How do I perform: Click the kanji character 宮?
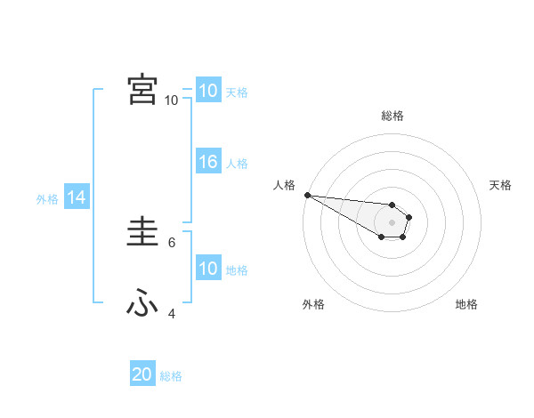click(142, 90)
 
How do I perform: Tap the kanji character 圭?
click(142, 234)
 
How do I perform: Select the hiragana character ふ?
click(142, 304)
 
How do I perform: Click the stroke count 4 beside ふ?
click(172, 313)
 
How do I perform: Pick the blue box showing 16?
click(208, 162)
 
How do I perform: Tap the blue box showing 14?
click(77, 198)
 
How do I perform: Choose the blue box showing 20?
click(142, 375)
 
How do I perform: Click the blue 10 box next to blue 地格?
click(208, 269)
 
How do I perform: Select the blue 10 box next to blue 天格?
click(208, 91)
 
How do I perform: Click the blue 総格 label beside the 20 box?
click(171, 377)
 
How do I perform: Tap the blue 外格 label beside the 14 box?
click(47, 200)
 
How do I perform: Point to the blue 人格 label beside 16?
click(237, 164)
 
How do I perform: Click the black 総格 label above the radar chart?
click(392, 116)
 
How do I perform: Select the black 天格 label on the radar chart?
click(500, 185)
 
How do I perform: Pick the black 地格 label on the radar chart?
click(466, 304)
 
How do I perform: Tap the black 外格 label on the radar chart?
click(313, 304)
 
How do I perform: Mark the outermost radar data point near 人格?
click(307, 195)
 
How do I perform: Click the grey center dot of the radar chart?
click(392, 222)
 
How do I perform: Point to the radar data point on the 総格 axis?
click(392, 205)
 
